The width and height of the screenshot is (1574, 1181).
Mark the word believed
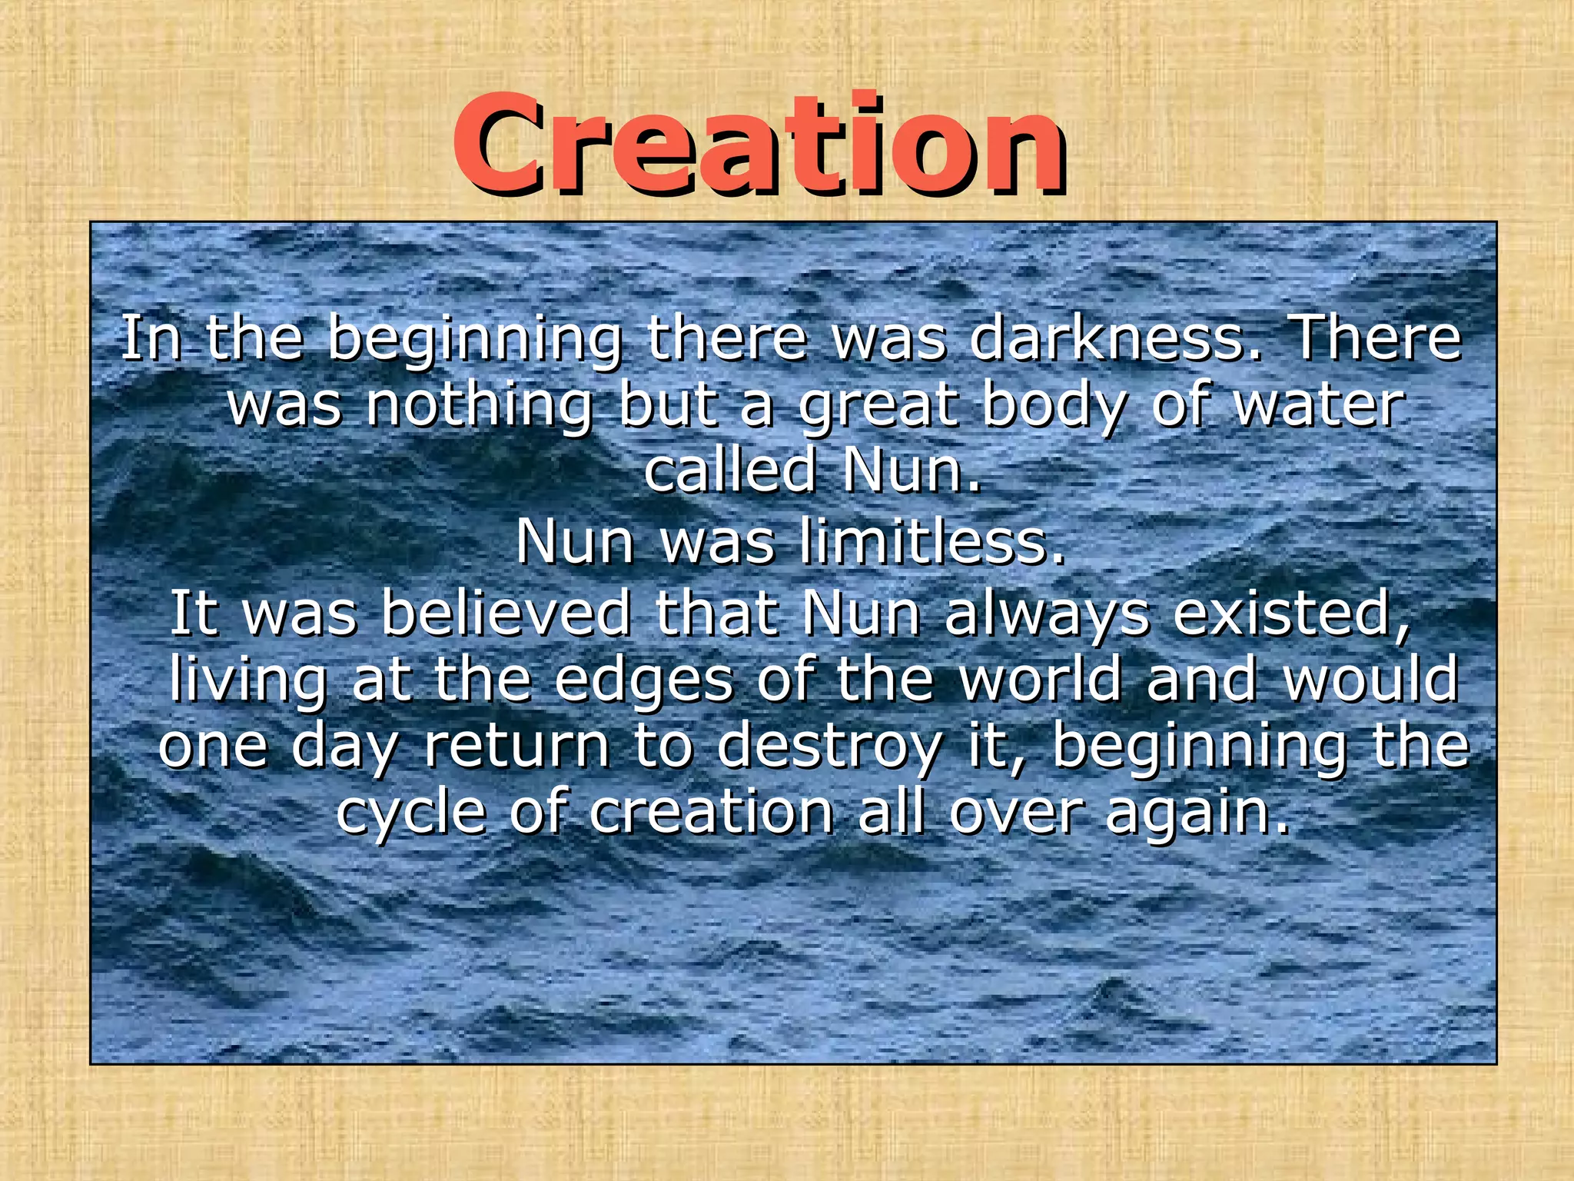(x=506, y=613)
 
